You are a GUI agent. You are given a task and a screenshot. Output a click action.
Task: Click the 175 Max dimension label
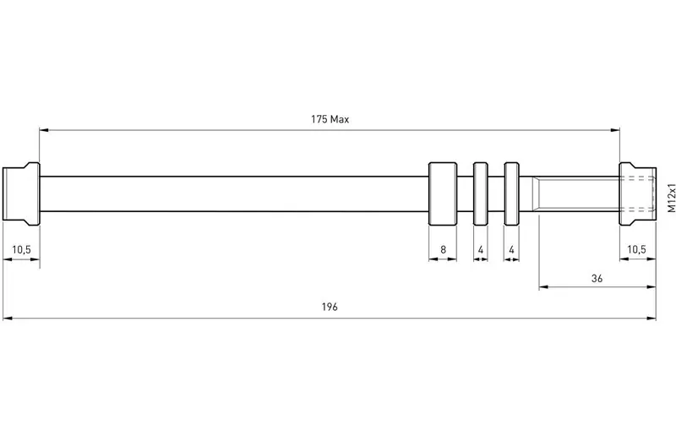click(330, 119)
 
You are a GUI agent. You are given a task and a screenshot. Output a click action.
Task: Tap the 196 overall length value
click(330, 307)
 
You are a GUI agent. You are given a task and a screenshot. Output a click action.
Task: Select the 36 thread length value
click(597, 279)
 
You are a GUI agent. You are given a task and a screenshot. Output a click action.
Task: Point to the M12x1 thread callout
click(671, 198)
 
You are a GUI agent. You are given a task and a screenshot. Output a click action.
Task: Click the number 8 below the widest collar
click(443, 250)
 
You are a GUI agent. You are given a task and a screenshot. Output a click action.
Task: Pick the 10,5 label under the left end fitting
click(21, 250)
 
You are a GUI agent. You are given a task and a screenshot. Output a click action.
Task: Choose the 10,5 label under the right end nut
click(637, 249)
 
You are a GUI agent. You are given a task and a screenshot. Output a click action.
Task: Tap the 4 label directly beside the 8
click(481, 250)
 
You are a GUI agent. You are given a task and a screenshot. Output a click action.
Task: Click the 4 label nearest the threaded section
click(512, 250)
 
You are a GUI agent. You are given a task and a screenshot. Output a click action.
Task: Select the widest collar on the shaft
click(443, 193)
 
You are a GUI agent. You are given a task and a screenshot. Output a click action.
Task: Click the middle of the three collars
click(481, 193)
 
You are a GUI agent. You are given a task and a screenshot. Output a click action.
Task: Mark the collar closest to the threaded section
click(512, 193)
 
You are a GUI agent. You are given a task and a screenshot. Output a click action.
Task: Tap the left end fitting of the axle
click(21, 193)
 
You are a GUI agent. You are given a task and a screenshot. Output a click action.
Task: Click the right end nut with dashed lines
click(638, 193)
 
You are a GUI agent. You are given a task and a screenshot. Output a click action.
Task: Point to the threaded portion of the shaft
click(578, 193)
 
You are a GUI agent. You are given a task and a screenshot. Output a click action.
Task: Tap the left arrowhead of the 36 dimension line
click(543, 286)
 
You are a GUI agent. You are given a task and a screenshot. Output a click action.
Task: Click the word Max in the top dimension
click(341, 119)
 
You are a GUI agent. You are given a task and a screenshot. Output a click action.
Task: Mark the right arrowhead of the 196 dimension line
click(651, 319)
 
